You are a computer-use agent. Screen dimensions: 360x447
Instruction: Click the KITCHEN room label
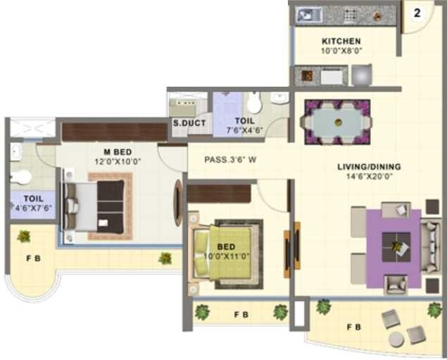[x=341, y=42]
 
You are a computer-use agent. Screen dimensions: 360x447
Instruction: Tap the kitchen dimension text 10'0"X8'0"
[x=341, y=51]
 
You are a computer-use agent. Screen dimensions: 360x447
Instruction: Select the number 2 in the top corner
[x=417, y=13]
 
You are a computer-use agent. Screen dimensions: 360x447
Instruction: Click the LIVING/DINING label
[x=369, y=167]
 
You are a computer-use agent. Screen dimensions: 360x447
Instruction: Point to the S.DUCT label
[x=189, y=123]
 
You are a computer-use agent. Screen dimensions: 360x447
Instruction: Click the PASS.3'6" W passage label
[x=230, y=160]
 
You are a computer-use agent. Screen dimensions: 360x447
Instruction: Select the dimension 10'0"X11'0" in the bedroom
[x=226, y=256]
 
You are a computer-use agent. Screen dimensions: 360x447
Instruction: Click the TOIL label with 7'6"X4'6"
[x=240, y=125]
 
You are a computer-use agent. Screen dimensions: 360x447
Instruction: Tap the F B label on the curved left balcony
[x=33, y=259]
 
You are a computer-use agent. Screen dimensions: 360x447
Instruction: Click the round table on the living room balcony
[x=397, y=340]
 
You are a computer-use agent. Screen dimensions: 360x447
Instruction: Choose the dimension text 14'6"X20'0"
[x=369, y=176]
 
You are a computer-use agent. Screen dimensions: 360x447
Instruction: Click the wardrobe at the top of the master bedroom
[x=114, y=132]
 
